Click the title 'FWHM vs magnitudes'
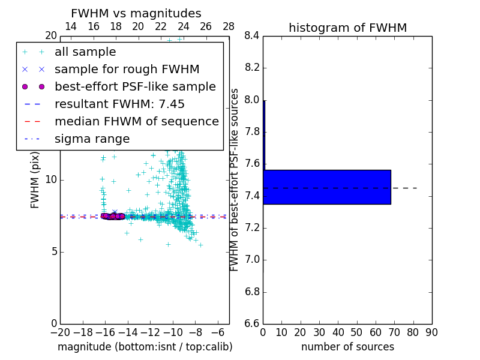(136, 13)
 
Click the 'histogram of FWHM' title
(347, 28)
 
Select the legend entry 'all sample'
(85, 52)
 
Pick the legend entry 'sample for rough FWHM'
(127, 69)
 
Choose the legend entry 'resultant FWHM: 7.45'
(119, 104)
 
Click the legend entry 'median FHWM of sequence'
(136, 121)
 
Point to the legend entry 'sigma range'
(92, 139)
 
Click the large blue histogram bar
(327, 187)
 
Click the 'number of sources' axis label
(347, 347)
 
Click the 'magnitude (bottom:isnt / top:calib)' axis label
(145, 347)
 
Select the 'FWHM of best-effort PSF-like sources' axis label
(235, 179)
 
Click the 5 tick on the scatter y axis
(53, 251)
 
